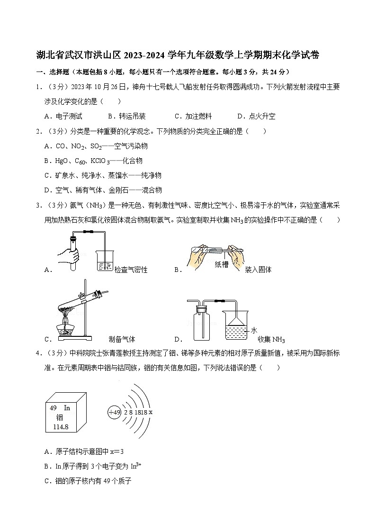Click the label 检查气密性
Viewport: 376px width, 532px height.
tap(131, 270)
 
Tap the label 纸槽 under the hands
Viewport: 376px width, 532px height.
tap(221, 264)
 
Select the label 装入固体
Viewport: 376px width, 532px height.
tap(258, 270)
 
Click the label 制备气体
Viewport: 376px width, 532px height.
tap(122, 339)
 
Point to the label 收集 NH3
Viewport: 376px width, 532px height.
tap(271, 339)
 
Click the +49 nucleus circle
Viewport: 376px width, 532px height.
tap(115, 412)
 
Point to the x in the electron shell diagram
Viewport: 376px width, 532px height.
tap(151, 412)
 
